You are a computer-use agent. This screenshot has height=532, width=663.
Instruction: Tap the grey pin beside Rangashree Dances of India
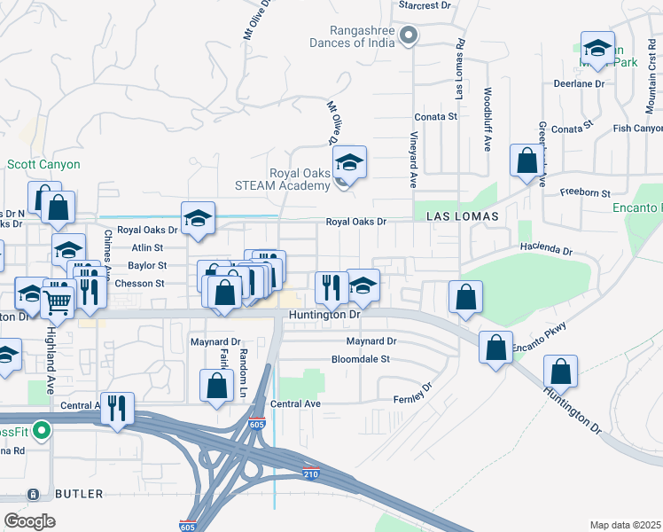[408, 35]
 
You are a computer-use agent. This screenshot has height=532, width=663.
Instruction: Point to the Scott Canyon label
[43, 165]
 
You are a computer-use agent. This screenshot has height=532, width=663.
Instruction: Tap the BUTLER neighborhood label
[78, 494]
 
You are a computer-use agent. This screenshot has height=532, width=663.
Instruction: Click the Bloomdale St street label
[361, 359]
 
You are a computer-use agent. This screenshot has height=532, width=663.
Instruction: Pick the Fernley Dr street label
[413, 393]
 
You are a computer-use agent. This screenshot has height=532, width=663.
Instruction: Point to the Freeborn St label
[585, 193]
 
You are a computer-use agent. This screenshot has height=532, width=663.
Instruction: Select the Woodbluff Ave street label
[487, 119]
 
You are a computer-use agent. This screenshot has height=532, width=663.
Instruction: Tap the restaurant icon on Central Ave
[117, 409]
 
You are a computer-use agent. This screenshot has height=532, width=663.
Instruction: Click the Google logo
[29, 521]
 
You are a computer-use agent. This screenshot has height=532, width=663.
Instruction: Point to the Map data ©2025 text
[624, 525]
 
